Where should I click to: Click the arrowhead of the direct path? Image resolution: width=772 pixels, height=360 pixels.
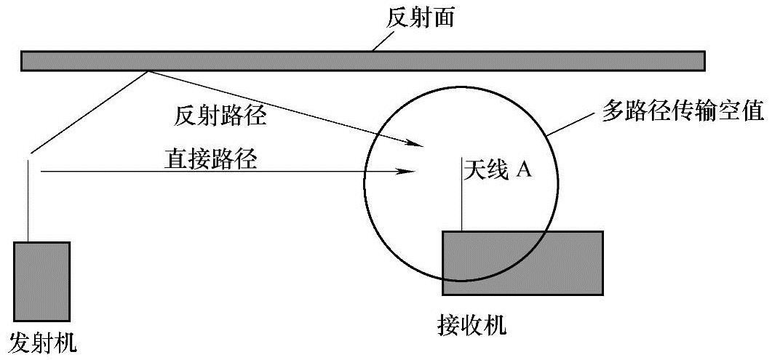(409, 172)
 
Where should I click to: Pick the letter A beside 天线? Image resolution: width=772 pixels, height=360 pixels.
(524, 170)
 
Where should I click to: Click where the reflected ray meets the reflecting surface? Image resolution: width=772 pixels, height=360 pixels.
(150, 71)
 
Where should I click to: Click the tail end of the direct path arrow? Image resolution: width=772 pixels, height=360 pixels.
(44, 172)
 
